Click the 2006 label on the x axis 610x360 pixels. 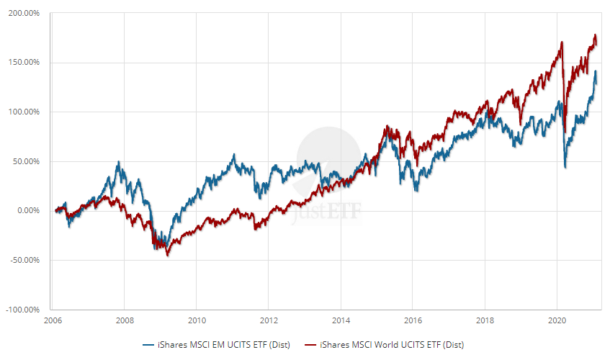click(x=53, y=319)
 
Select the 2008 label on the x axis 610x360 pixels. click(x=125, y=319)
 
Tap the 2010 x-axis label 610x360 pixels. click(x=197, y=319)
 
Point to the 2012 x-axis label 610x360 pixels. click(x=269, y=319)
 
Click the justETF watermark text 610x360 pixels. click(x=328, y=212)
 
